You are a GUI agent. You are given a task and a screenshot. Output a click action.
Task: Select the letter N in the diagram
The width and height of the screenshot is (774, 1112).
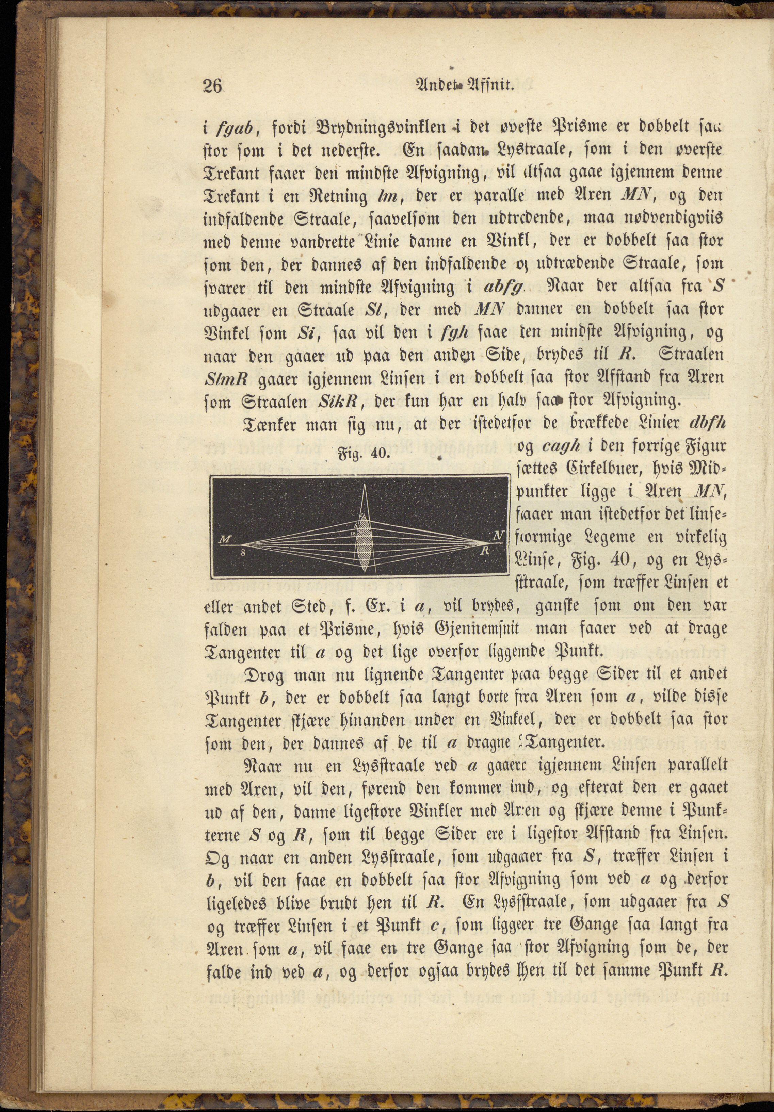click(497, 536)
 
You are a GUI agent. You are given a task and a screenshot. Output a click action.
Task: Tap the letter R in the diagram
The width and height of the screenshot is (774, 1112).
click(484, 551)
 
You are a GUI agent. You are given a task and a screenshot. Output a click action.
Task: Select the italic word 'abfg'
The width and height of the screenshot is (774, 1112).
click(504, 287)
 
